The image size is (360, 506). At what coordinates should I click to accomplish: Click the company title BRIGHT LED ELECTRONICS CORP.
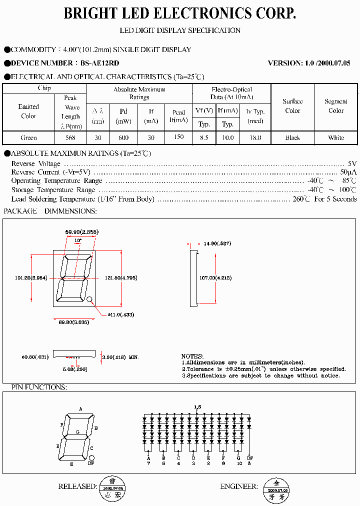pyautogui.click(x=180, y=13)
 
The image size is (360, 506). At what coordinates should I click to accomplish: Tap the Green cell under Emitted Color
pyautogui.click(x=28, y=137)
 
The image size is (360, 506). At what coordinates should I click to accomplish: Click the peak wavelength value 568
pyautogui.click(x=71, y=137)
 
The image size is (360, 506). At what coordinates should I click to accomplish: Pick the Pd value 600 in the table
pyautogui.click(x=123, y=137)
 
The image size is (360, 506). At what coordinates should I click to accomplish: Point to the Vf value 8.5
pyautogui.click(x=204, y=137)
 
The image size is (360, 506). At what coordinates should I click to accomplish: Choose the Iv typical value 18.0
pyautogui.click(x=255, y=137)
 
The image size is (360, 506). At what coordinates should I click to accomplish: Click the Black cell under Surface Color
pyautogui.click(x=292, y=137)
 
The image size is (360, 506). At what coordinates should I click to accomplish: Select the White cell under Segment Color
pyautogui.click(x=336, y=137)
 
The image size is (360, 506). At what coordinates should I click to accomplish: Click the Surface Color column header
pyautogui.click(x=292, y=106)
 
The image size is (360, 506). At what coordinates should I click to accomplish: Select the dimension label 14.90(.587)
pyautogui.click(x=217, y=243)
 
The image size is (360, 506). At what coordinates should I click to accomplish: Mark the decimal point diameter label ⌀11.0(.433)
pyautogui.click(x=120, y=314)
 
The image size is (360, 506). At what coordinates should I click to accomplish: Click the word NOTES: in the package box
pyautogui.click(x=192, y=356)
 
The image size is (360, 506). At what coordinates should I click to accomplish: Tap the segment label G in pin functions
pyautogui.click(x=77, y=431)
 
